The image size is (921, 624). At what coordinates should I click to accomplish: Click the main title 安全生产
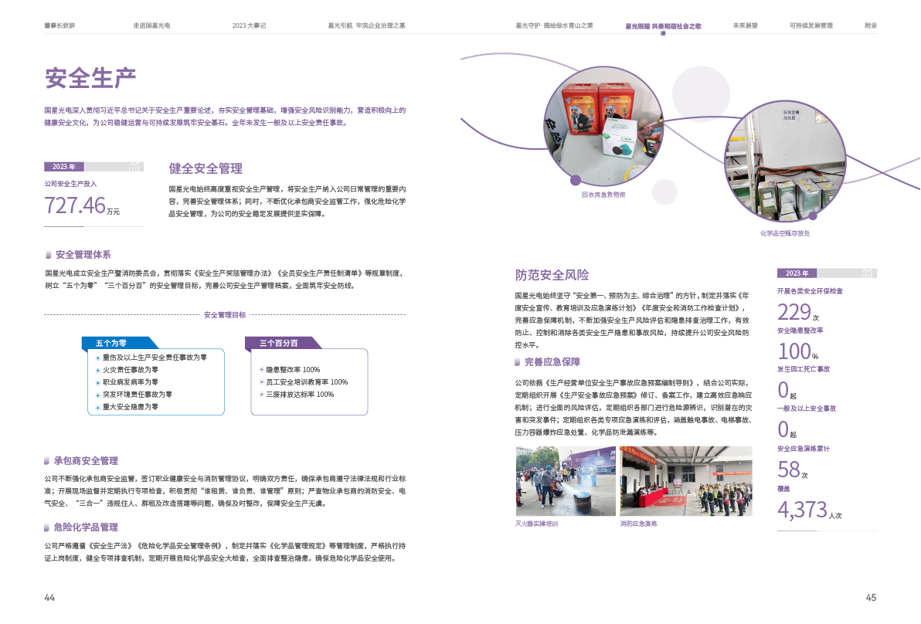pos(90,78)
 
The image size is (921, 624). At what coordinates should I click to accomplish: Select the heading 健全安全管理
pos(206,168)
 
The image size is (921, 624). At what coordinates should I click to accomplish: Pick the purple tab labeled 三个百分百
pos(279,342)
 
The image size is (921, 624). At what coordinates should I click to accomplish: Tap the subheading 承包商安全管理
pos(86,460)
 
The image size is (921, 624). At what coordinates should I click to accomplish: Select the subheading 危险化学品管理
pos(86,527)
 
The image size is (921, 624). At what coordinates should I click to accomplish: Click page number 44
pos(49,598)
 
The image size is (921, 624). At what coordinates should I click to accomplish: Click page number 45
pos(871,598)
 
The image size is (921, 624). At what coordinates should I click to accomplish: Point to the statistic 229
pos(794,312)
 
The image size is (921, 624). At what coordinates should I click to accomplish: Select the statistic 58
pos(788,470)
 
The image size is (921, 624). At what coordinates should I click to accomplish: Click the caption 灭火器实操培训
pos(536,524)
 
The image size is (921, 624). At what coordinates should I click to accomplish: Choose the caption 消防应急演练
pos(638,524)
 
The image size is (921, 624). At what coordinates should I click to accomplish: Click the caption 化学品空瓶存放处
pos(785,232)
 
